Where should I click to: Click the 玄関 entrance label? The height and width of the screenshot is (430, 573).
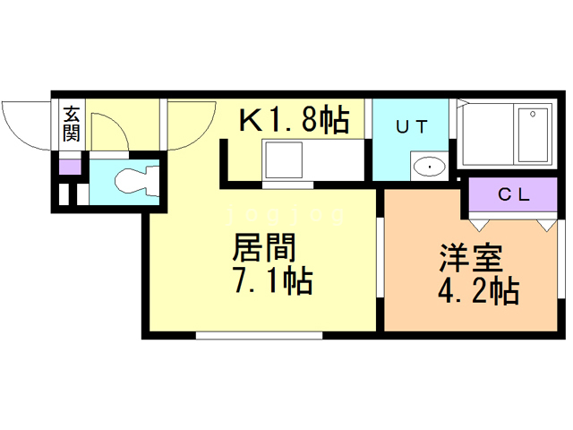tap(71, 124)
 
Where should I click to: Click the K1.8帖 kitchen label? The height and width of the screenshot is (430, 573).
tap(293, 120)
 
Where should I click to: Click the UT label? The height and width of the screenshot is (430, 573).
tap(413, 126)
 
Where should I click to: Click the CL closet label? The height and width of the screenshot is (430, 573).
tap(512, 193)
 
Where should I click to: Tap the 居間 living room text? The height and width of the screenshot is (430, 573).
tap(263, 247)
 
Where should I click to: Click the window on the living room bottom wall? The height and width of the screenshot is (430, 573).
tap(259, 335)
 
